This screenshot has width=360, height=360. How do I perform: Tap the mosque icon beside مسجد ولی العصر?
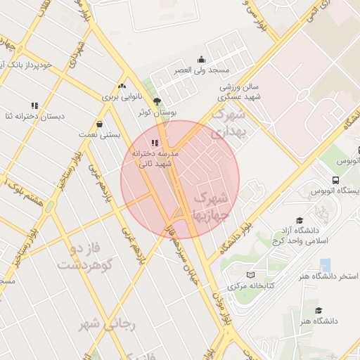[x=202, y=60]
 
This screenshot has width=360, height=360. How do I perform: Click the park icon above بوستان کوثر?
[x=157, y=101]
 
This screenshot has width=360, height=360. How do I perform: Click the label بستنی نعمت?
[x=100, y=134]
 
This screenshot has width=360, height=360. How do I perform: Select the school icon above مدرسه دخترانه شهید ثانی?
[x=155, y=143]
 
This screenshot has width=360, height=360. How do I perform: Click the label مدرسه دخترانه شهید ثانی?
[x=155, y=158]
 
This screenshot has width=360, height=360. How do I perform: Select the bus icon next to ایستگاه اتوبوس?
[x=336, y=180]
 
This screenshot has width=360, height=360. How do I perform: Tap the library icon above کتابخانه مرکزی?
[x=251, y=275]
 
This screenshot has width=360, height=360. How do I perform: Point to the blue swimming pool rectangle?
[x=325, y=265]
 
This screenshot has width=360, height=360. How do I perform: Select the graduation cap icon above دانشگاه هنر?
[x=319, y=310]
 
